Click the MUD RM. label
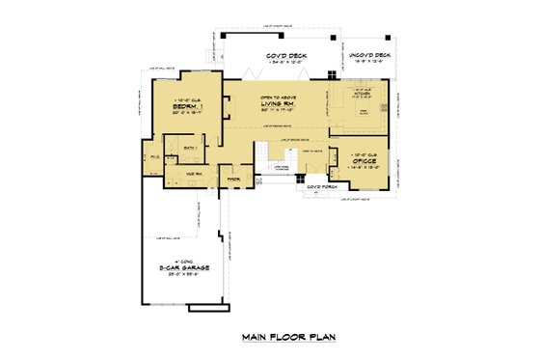pos(178,175)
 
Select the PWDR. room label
pos(233,178)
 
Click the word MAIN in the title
pos(253,339)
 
